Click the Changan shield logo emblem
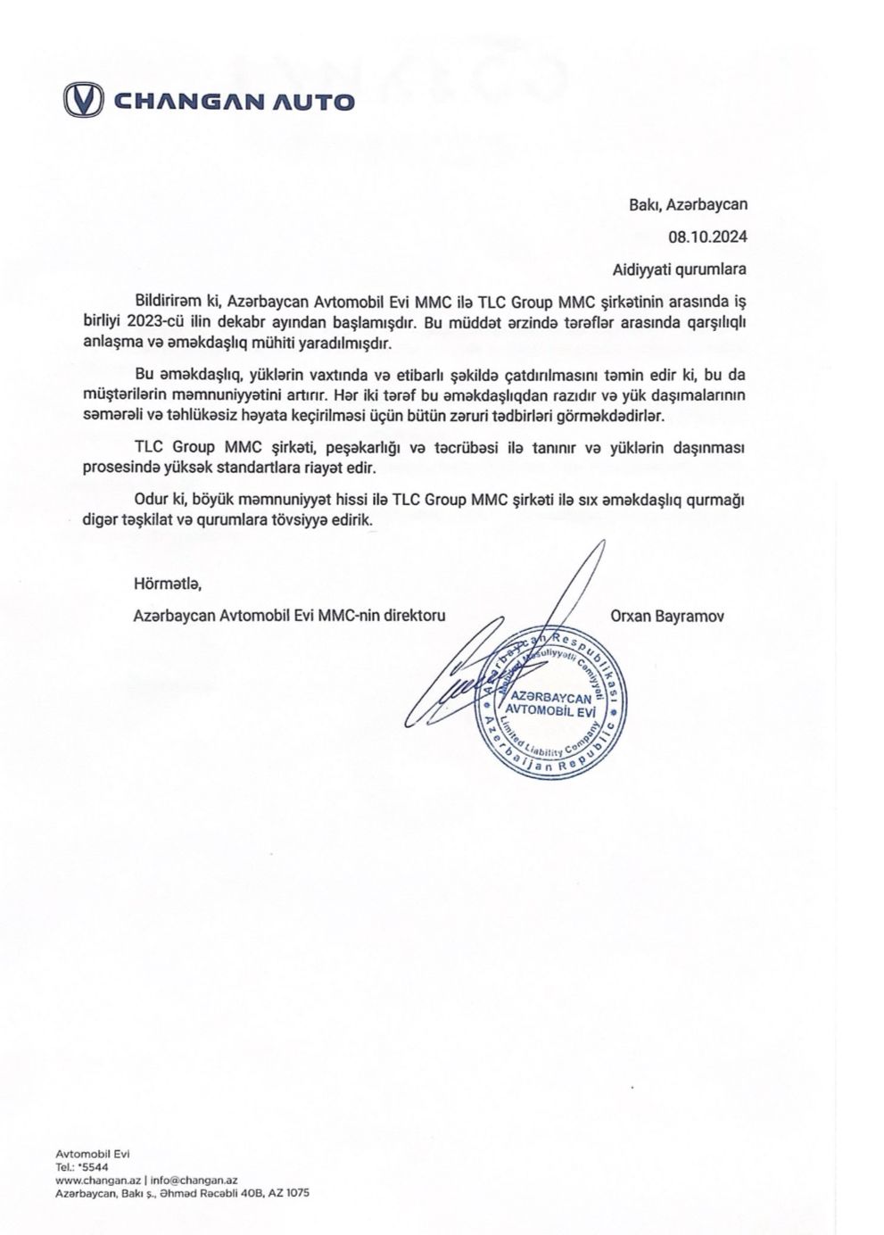(x=83, y=100)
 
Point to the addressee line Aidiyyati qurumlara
(x=680, y=268)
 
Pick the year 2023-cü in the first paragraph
(x=157, y=322)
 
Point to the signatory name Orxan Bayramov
(x=667, y=616)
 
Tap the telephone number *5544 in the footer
(x=94, y=1166)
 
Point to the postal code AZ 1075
(x=290, y=1193)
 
